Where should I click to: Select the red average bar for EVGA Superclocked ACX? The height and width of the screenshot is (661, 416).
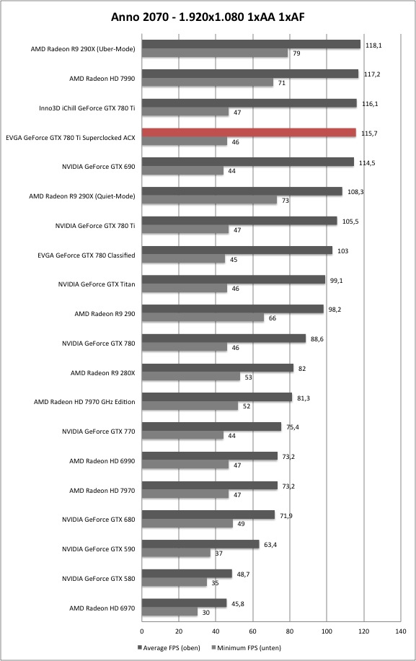point(249,133)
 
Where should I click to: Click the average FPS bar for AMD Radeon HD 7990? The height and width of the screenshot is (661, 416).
point(250,74)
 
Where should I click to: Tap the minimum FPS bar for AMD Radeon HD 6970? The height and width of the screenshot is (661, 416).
point(169,612)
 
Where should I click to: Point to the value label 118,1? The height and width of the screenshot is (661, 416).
point(373,45)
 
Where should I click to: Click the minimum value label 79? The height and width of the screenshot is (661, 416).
point(296,53)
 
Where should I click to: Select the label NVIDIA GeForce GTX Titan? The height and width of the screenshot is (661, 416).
point(97,284)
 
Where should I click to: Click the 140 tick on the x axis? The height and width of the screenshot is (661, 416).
point(401,631)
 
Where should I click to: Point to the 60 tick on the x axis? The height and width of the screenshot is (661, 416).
point(252,631)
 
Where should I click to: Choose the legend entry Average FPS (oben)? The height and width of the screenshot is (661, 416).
point(169,647)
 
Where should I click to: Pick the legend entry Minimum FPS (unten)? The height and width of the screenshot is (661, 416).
point(247,647)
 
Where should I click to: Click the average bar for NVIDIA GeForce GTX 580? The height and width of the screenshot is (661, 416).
point(187,574)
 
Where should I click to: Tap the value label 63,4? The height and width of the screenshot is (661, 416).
point(270,545)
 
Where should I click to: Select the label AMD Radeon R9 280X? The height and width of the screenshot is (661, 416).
point(102,372)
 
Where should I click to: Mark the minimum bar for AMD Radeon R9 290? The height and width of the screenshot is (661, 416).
point(203,318)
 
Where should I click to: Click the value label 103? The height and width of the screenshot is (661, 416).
point(342,251)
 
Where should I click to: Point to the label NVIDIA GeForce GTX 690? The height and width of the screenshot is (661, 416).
point(99,167)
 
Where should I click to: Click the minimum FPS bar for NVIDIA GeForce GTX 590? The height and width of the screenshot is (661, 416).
point(176,553)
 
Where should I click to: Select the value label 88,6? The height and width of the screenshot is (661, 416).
point(317,339)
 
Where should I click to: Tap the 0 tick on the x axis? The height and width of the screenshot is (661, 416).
point(142,631)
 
